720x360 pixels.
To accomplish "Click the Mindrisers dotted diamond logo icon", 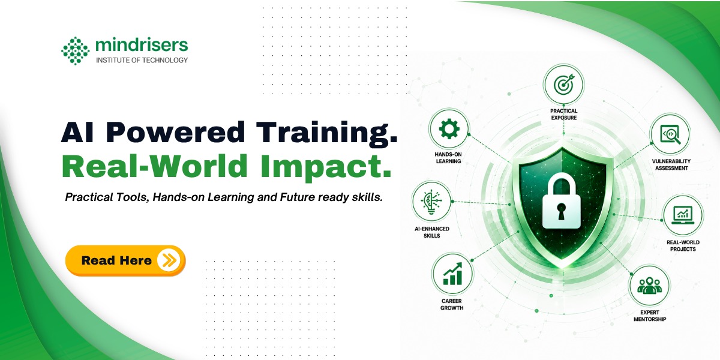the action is click(75, 51).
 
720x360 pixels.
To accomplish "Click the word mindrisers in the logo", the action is click(142, 44).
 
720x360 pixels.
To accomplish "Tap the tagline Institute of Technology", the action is click(142, 60).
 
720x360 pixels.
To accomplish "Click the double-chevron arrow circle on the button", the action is click(169, 260).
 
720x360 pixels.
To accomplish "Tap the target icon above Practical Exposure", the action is click(563, 85).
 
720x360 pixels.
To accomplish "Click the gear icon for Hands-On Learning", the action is click(449, 129).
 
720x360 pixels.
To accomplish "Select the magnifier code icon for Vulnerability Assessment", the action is click(670, 134).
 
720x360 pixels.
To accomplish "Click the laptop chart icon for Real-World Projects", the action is click(683, 215).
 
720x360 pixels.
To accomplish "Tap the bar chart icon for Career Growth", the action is click(452, 274).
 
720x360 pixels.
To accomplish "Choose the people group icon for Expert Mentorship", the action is click(649, 286).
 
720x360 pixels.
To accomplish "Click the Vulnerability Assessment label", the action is click(671, 164).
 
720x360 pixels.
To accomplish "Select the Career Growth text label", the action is click(452, 304).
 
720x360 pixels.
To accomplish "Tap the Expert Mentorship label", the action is click(650, 316).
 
